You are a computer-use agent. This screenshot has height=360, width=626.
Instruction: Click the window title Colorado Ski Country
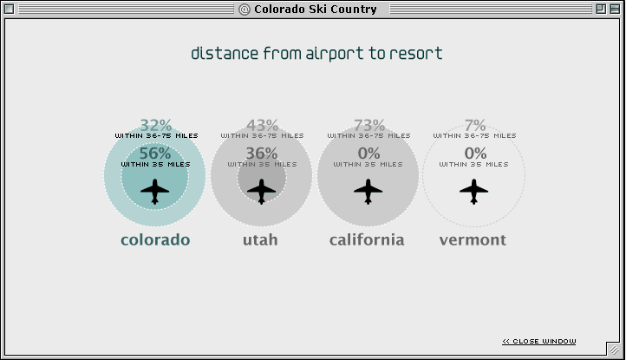pos(315,10)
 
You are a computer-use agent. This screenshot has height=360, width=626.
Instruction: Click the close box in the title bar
pos(10,10)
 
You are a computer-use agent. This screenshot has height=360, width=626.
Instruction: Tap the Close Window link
pos(538,341)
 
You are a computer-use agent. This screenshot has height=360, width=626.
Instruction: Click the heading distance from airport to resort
pos(316,54)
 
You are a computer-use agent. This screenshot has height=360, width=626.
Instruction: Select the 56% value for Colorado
pos(155,154)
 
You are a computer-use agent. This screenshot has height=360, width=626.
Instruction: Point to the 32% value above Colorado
pos(156,126)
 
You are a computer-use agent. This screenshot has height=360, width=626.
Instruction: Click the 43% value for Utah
pos(262,126)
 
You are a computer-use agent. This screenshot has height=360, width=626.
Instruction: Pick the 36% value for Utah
pos(261,154)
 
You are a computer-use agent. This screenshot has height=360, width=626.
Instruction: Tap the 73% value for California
pos(369,126)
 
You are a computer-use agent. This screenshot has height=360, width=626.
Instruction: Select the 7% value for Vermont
pos(475,126)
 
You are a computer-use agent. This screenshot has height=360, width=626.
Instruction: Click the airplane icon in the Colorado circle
pos(155,190)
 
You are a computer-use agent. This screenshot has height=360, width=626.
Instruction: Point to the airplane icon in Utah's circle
pos(261,190)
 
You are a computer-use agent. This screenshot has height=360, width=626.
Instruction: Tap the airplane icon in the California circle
pos(368,190)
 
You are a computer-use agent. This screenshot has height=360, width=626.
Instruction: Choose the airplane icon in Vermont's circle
pos(473,190)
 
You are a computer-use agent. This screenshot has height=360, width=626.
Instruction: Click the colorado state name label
pos(155,239)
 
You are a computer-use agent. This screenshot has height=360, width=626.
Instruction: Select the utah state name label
pos(260,239)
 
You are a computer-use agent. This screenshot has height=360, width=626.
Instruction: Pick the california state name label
pos(367,239)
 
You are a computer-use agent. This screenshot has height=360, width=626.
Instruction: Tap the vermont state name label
pos(473,239)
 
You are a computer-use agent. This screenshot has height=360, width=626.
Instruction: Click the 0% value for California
pos(369,154)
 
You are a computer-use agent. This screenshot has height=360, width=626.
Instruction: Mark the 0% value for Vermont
pos(475,154)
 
